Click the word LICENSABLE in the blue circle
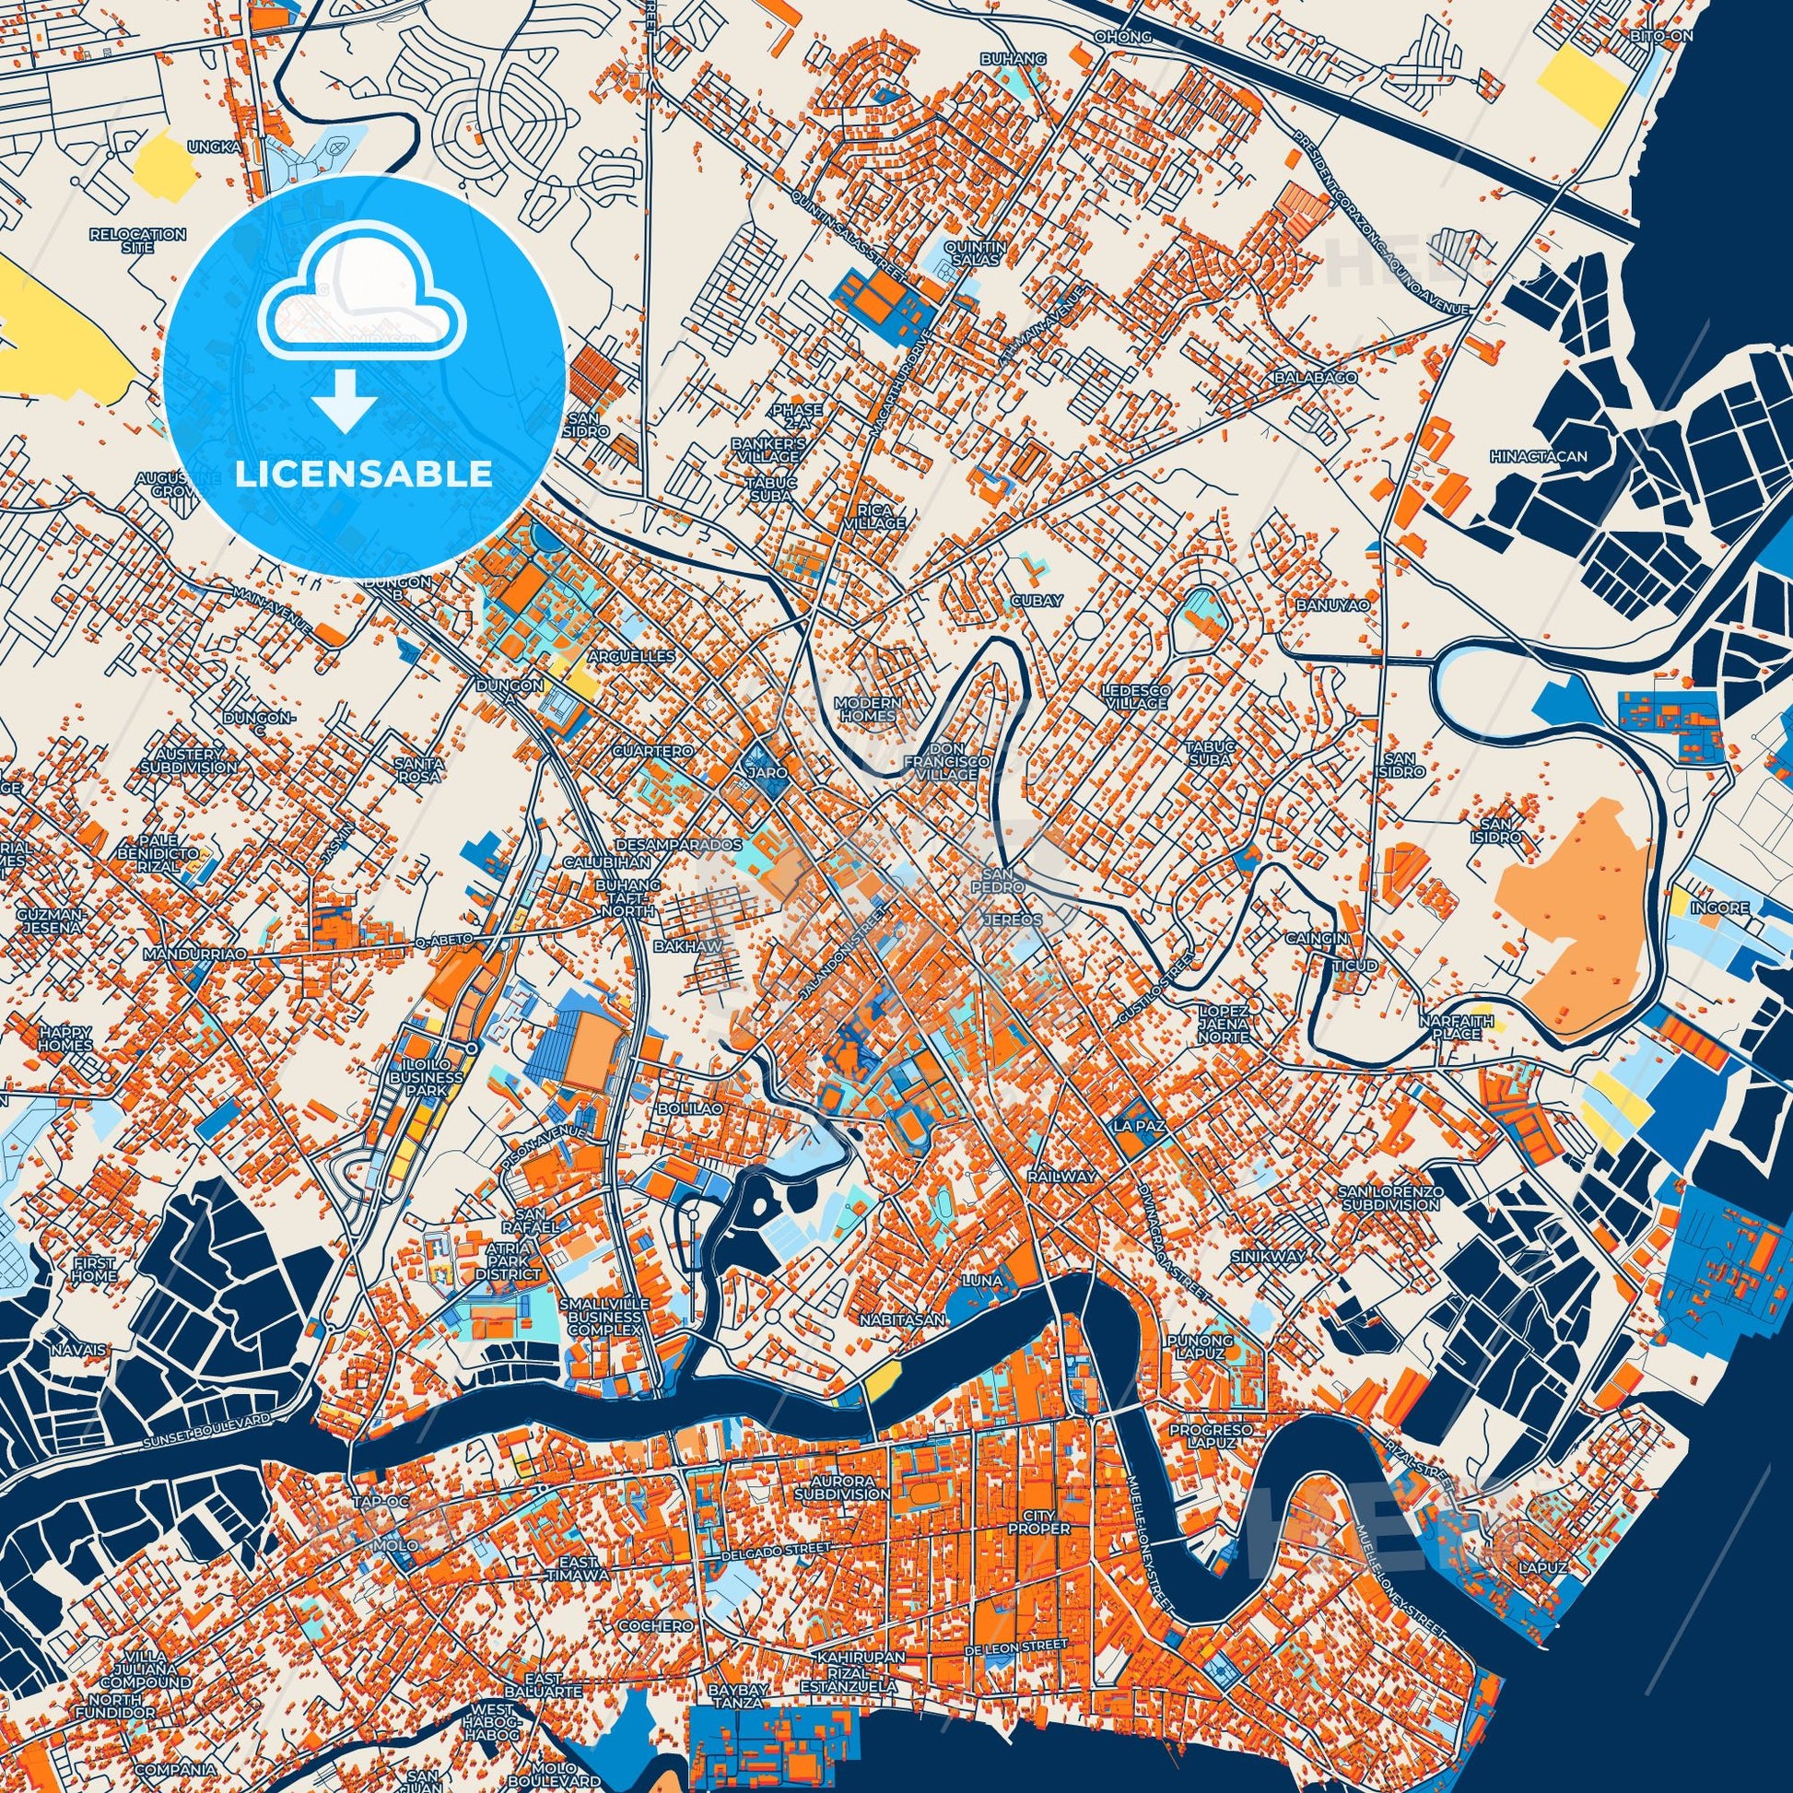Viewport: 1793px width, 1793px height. click(x=363, y=474)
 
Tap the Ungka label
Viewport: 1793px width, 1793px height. click(x=215, y=146)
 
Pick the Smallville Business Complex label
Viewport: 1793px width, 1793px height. click(x=604, y=1316)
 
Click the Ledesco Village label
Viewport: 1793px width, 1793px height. click(x=1134, y=697)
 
